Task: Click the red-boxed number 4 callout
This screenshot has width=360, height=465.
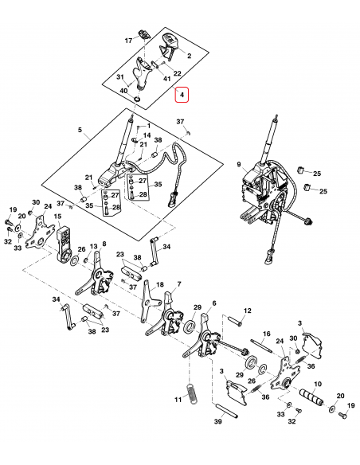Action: pos(182,96)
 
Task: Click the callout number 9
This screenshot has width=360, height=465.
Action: pos(237,165)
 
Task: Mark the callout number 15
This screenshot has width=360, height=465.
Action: pos(57,217)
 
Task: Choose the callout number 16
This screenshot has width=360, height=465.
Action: pos(267,334)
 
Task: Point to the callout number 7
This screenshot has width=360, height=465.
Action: pos(179,283)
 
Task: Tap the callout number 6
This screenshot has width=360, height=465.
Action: pos(213,303)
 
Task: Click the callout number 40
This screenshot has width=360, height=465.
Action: pos(123,91)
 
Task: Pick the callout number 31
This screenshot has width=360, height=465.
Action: pos(120,77)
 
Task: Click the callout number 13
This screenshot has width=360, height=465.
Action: pos(93,246)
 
